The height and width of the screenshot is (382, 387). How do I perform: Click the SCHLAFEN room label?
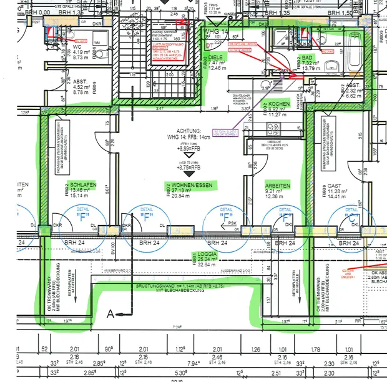[83, 186]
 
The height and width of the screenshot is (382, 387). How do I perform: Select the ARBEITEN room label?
[278, 186]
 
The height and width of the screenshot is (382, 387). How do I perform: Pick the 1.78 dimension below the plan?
[314, 349]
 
